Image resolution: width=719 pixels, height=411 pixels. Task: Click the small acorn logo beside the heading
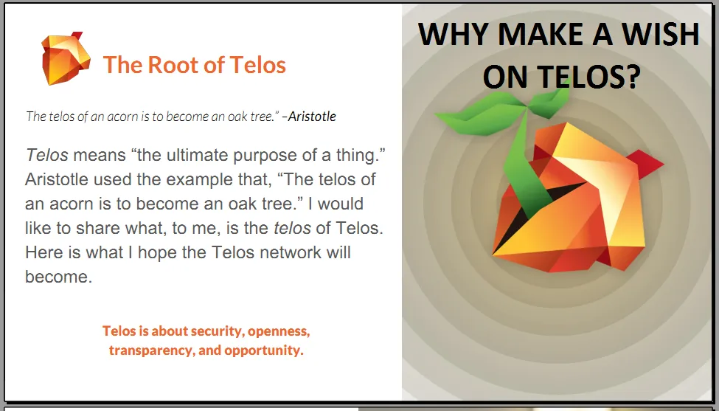[x=66, y=58]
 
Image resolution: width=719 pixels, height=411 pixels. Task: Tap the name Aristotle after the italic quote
[x=312, y=117]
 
